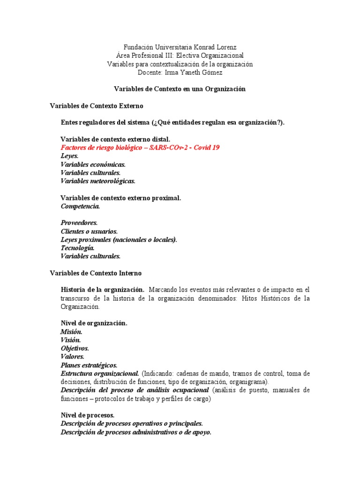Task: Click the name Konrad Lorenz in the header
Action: [214, 47]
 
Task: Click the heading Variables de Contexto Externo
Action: [96, 106]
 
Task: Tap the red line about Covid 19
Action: [140, 148]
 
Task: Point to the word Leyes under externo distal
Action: [69, 156]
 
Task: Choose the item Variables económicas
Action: [93, 165]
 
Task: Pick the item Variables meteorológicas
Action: [97, 181]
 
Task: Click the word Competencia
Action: [80, 206]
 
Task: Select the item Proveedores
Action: [79, 223]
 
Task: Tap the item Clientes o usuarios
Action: [89, 231]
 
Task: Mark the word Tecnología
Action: [77, 248]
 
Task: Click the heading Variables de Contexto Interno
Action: [95, 273]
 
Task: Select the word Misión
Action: [71, 332]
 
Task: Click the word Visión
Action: [71, 340]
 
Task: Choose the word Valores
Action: [72, 357]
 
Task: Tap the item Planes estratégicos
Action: [89, 365]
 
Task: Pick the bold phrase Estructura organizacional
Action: [99, 374]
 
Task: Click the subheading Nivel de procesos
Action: [87, 415]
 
